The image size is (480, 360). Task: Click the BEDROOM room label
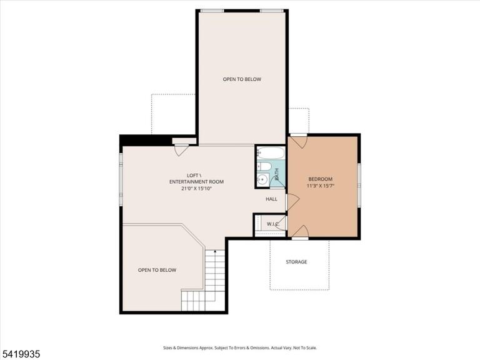(x=320, y=179)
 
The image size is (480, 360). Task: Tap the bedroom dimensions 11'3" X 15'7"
(x=320, y=186)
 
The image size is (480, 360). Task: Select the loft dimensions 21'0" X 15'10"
(x=196, y=189)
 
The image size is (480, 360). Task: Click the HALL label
(x=271, y=199)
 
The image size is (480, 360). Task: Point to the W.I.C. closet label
(x=272, y=224)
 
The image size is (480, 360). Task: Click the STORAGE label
(x=296, y=262)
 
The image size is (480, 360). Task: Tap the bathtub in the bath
(x=271, y=152)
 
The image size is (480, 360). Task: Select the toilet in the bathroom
(x=264, y=166)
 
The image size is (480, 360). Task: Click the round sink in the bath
(x=262, y=180)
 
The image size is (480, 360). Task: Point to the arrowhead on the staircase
(x=215, y=251)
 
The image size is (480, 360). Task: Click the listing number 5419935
(x=20, y=354)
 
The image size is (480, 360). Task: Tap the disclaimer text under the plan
(x=240, y=347)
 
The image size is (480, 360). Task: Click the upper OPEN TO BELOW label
(x=242, y=79)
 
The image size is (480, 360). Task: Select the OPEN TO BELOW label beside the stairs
(x=157, y=270)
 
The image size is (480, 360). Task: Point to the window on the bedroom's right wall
(x=359, y=185)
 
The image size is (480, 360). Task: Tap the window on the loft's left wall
(x=121, y=179)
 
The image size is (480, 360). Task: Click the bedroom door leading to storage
(x=300, y=232)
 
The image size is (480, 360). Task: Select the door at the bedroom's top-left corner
(x=299, y=141)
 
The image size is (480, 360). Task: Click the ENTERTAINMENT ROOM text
(x=196, y=182)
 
